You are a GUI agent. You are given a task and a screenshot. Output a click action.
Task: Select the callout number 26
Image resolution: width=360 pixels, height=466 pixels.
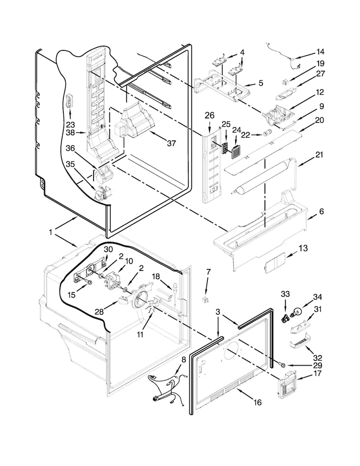click(x=209, y=115)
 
